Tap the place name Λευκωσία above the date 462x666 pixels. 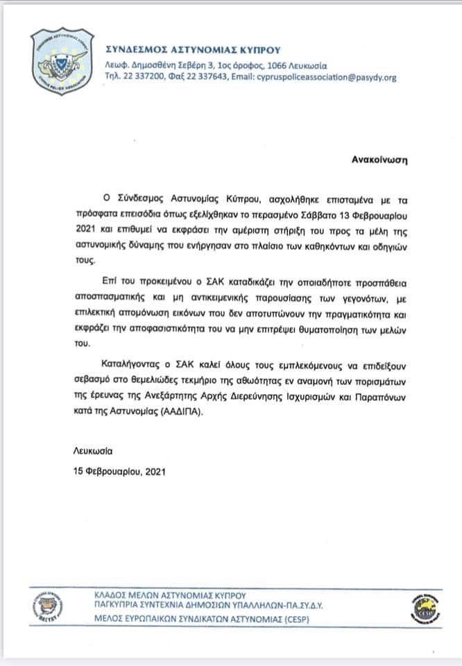click(92, 451)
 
